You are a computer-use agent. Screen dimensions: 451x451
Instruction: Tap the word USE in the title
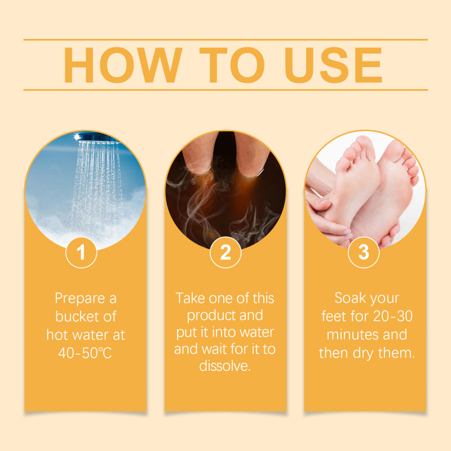pyautogui.click(x=333, y=65)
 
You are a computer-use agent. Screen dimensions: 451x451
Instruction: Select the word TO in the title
pyautogui.click(x=232, y=65)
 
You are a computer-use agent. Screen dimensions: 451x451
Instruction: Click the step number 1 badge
pyautogui.click(x=81, y=253)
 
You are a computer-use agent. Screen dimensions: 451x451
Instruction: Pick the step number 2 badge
pyautogui.click(x=225, y=253)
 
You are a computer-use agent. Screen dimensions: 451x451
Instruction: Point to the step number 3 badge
pyautogui.click(x=364, y=253)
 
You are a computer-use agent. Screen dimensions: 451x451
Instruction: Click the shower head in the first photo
pyautogui.click(x=96, y=137)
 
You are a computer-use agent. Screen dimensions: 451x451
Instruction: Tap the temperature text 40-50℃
pyautogui.click(x=85, y=353)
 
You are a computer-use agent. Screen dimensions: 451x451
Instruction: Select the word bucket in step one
pyautogui.click(x=77, y=316)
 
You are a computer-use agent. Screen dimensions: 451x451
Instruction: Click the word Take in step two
pyautogui.click(x=191, y=298)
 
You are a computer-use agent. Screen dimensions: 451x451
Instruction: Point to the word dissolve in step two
pyautogui.click(x=225, y=366)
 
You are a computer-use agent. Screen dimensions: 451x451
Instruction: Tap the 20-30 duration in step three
pyautogui.click(x=393, y=316)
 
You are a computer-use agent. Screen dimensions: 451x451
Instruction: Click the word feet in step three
pyautogui.click(x=334, y=316)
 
